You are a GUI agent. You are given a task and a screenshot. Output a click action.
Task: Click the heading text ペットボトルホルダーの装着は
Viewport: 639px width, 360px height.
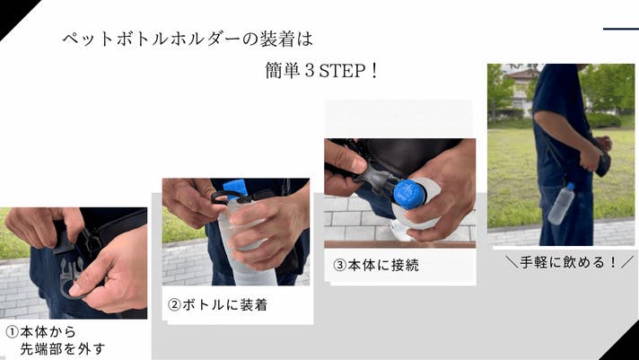tap(188, 40)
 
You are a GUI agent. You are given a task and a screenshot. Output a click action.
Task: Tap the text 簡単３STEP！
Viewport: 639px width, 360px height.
tap(322, 71)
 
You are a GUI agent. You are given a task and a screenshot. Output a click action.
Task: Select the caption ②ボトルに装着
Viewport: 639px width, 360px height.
tap(217, 305)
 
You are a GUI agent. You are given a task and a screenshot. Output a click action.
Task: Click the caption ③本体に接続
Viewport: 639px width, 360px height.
tap(376, 266)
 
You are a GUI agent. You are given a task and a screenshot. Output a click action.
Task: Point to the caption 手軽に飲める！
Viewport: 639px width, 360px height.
tap(569, 262)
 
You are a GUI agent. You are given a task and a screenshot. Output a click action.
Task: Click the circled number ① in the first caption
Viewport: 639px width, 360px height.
tap(13, 332)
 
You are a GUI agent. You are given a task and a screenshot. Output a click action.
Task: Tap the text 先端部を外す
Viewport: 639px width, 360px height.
tap(63, 349)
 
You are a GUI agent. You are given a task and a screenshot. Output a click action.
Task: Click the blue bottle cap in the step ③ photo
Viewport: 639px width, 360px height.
tap(409, 195)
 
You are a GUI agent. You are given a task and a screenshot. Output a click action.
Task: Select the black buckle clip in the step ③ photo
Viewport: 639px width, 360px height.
tap(376, 180)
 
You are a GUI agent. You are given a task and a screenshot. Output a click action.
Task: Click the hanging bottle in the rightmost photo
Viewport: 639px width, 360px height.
tap(561, 204)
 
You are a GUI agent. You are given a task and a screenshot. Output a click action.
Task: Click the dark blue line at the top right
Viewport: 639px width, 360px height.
tap(621, 29)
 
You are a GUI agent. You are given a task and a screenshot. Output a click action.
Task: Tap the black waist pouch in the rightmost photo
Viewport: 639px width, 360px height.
tap(603, 158)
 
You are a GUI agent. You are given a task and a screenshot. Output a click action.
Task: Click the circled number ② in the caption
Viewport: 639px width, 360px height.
tap(174, 305)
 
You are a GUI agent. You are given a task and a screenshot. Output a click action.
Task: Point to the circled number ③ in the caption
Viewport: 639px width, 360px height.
tap(339, 266)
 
